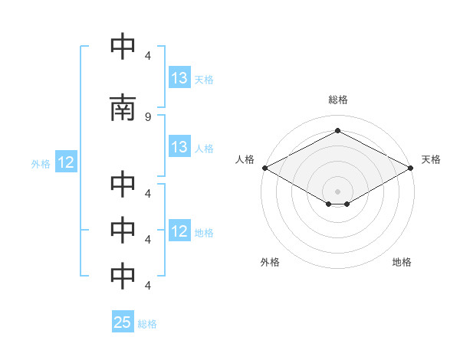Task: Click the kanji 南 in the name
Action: (x=123, y=107)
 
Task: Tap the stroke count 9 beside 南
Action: (x=148, y=117)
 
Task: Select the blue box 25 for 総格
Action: (x=123, y=321)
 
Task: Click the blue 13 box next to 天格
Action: (x=179, y=77)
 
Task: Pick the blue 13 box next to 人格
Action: (x=179, y=146)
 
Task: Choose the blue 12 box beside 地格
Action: (x=179, y=230)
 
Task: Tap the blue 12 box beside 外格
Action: (x=66, y=162)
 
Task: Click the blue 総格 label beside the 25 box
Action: (x=147, y=324)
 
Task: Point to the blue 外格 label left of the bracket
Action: (x=41, y=164)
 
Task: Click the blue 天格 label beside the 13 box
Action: (x=204, y=80)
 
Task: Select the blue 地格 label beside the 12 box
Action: (x=204, y=233)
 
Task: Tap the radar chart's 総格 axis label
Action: (x=338, y=100)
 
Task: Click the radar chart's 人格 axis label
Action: (x=245, y=159)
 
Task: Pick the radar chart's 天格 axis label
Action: (x=431, y=159)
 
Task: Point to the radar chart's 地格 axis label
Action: (x=402, y=262)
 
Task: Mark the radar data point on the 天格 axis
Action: (x=411, y=168)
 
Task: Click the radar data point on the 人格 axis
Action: (x=265, y=168)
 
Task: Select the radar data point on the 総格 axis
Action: (x=337, y=130)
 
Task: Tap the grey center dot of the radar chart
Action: (x=337, y=191)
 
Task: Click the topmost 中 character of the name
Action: (x=123, y=46)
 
